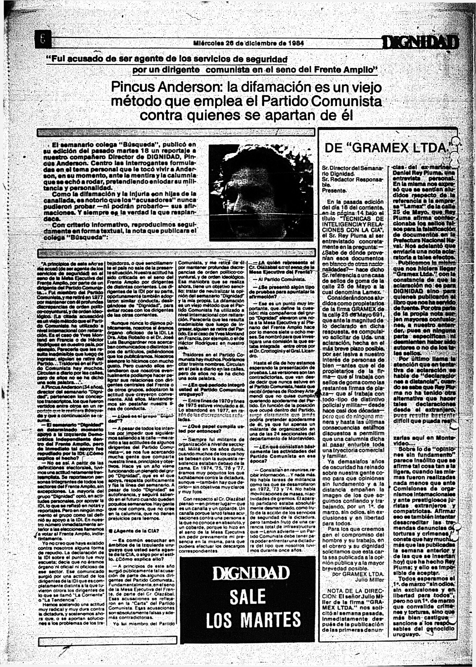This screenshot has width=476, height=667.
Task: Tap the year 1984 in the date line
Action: (x=296, y=43)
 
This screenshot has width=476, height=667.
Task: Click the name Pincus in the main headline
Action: (x=133, y=87)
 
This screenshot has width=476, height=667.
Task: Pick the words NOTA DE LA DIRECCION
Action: (x=353, y=593)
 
